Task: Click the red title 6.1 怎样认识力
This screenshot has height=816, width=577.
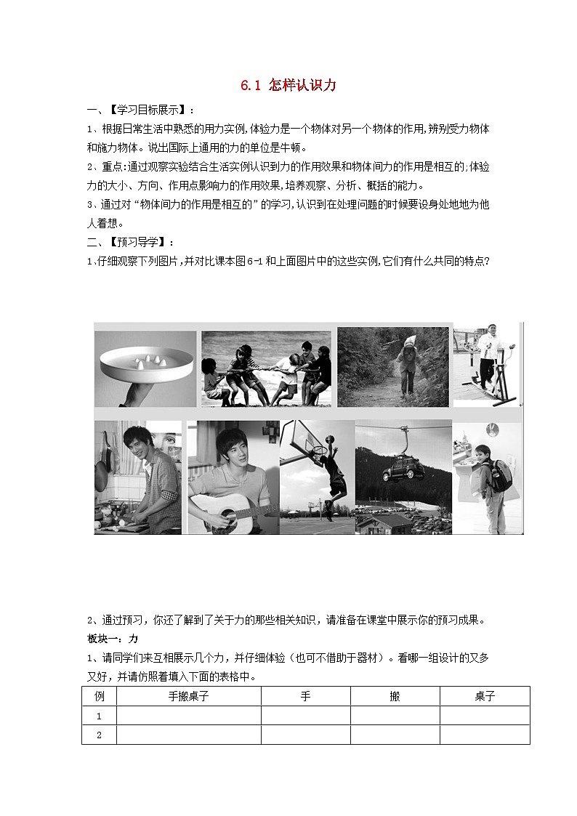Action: pos(288,86)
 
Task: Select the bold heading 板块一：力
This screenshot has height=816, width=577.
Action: pos(113,639)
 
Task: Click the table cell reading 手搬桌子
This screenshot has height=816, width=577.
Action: pos(189,696)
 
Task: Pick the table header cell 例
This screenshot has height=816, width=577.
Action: pos(100,696)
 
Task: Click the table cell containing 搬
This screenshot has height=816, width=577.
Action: pos(395,696)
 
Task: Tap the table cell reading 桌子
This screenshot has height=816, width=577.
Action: pos(485,696)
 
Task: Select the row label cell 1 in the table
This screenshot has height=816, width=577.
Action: pos(100,716)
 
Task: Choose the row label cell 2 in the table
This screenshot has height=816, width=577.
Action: pos(100,735)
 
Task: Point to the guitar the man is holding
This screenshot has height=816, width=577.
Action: pos(218,512)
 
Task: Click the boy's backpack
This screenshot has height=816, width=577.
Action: pos(501,476)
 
